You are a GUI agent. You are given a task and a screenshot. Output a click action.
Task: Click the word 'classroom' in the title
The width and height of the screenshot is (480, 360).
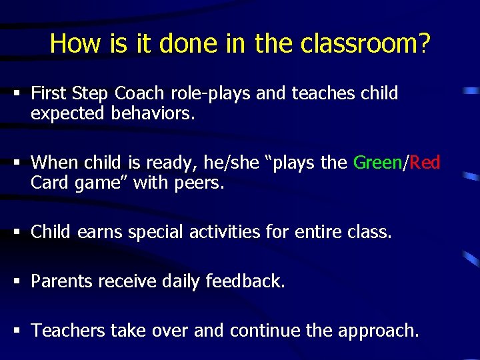click(x=359, y=44)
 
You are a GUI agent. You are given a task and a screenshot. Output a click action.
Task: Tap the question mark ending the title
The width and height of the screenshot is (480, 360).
click(x=425, y=44)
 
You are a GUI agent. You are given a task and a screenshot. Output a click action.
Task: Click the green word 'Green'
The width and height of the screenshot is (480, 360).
click(x=378, y=162)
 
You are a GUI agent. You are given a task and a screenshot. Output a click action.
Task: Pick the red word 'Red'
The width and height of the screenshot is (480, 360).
click(x=425, y=162)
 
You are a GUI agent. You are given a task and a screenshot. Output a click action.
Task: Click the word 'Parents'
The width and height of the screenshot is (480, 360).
click(x=62, y=281)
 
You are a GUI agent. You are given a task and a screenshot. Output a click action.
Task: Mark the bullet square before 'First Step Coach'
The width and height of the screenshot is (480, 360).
click(x=13, y=93)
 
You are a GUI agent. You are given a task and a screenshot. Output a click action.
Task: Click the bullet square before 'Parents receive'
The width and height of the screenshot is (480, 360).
click(x=13, y=281)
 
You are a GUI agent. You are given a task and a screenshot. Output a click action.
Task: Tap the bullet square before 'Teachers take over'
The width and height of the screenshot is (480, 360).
click(x=13, y=330)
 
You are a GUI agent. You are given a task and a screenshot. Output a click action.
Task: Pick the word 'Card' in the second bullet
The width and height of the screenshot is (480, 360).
click(x=49, y=182)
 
